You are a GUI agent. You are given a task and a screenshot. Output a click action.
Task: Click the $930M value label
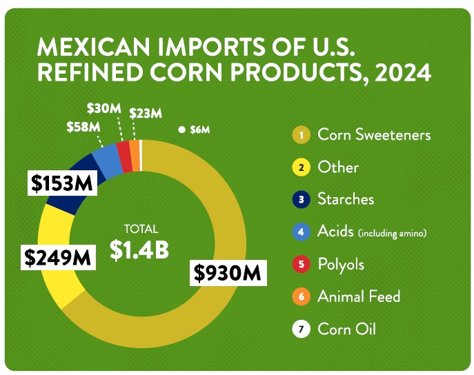pos(227,274)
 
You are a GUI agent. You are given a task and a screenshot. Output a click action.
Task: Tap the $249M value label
pos(58,257)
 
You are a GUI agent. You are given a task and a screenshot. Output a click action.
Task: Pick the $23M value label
pos(146,112)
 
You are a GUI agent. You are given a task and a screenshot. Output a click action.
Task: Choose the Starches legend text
pos(346,199)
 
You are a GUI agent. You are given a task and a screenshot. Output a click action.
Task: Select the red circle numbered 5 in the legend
pos(301,265)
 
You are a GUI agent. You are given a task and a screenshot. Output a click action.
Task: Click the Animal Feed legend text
pos(359,297)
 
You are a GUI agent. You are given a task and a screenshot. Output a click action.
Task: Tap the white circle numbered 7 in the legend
pos(301,330)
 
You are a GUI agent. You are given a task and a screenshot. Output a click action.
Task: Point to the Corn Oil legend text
pos(346,329)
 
